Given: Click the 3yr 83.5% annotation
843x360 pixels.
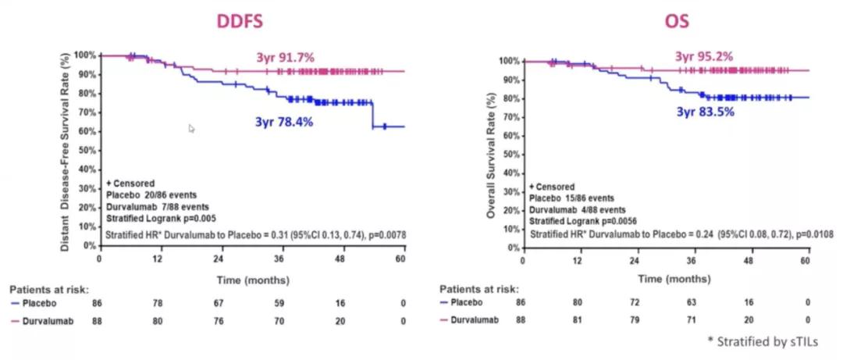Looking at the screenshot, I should pos(704,112).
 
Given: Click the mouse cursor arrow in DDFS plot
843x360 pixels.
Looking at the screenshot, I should pos(192,128).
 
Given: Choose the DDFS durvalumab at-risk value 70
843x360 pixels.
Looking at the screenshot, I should pos(280,319).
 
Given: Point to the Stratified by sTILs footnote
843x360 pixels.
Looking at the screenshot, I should pos(780,341).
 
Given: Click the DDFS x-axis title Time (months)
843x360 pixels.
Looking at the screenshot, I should pos(251,280).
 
